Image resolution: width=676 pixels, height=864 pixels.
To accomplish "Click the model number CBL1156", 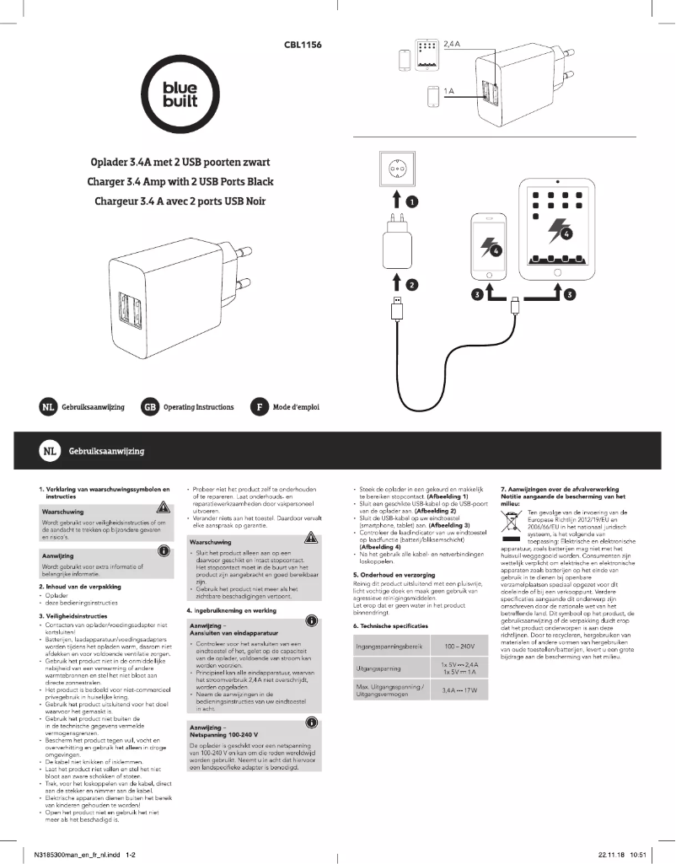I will pyautogui.click(x=304, y=43).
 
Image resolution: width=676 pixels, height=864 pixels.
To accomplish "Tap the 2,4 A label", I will pyautogui.click(x=452, y=42).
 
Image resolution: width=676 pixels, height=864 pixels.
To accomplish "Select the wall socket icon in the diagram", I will pyautogui.click(x=396, y=170).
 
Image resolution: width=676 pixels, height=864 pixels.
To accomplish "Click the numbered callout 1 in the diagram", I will pyautogui.click(x=410, y=201).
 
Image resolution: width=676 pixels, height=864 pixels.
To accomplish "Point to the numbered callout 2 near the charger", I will pyautogui.click(x=410, y=284).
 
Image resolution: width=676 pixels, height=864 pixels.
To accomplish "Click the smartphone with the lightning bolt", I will pyautogui.click(x=490, y=251).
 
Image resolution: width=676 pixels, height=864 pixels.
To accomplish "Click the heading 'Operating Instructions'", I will pyautogui.click(x=198, y=407).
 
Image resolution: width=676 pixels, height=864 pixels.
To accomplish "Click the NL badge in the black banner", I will pyautogui.click(x=50, y=451).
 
